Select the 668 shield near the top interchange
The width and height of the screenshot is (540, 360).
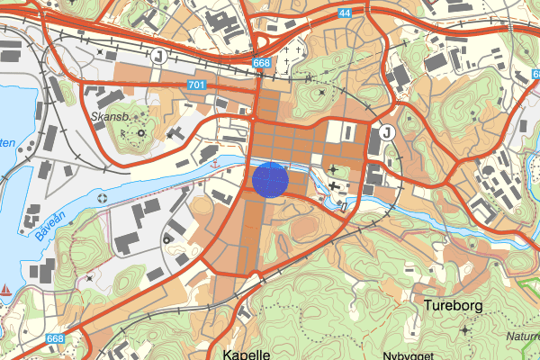(x=262, y=63)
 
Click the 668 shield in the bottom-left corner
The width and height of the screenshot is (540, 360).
(x=55, y=339)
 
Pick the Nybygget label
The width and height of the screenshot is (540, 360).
(x=407, y=355)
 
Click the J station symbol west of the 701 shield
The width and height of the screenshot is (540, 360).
(x=159, y=57)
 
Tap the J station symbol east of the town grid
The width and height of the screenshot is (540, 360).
(x=387, y=132)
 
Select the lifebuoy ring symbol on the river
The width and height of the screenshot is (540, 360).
(x=101, y=197)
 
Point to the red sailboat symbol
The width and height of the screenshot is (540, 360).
(x=6, y=291)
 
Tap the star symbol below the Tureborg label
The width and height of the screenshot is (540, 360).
(x=464, y=330)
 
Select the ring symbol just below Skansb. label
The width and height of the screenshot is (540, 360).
(x=139, y=135)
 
